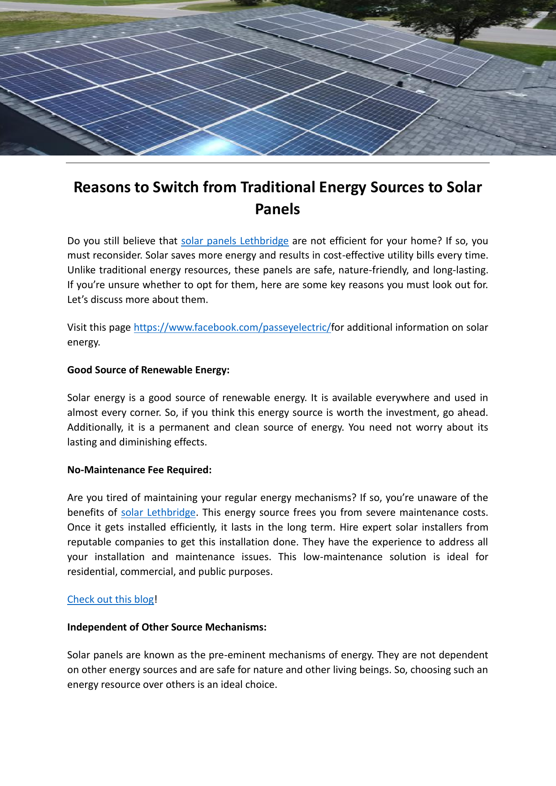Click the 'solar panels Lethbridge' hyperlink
[235, 241]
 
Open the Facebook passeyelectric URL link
[232, 328]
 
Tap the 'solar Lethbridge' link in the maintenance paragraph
[158, 513]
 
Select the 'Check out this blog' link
[111, 600]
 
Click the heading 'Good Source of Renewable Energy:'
[148, 370]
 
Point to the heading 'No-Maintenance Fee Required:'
[139, 470]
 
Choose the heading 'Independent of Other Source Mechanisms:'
[167, 627]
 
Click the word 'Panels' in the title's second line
[277, 209]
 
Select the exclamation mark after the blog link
[156, 600]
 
